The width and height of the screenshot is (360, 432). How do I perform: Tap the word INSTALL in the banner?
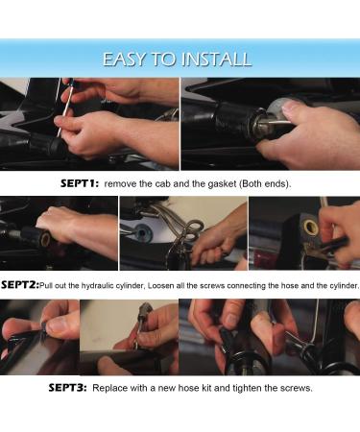(216, 60)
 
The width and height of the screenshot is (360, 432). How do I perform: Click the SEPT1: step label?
(80, 183)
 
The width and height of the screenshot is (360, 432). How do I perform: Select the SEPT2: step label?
(20, 285)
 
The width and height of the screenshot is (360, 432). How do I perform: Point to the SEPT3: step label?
(67, 388)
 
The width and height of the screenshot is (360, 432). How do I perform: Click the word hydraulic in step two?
(98, 286)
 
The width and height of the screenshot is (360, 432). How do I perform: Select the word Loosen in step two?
(161, 285)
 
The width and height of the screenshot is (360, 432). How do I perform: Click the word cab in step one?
(162, 184)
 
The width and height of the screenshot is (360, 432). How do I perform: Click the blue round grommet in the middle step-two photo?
(142, 231)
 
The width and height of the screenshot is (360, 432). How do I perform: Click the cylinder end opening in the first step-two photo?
(45, 239)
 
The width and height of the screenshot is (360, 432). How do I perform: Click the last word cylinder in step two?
(346, 286)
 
